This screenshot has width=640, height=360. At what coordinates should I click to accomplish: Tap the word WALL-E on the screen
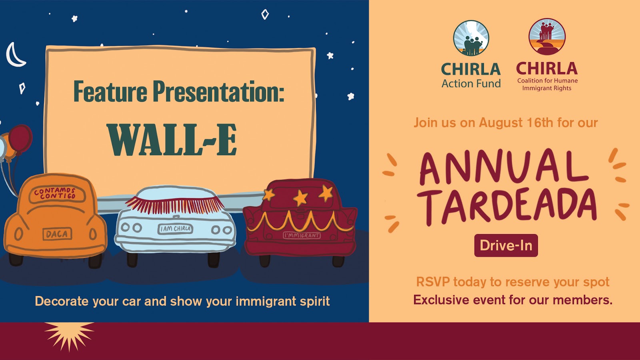(x=172, y=140)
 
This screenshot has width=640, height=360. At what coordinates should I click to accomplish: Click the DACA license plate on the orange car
(x=57, y=234)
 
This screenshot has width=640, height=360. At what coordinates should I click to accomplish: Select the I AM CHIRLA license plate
(x=176, y=228)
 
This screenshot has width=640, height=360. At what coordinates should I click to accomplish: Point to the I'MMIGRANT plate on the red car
(x=302, y=235)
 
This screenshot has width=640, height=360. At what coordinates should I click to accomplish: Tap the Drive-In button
(x=506, y=245)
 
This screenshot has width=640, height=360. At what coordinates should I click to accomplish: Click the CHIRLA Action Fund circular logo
(x=471, y=38)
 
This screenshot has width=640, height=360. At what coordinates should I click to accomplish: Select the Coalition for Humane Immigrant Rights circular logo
(x=547, y=36)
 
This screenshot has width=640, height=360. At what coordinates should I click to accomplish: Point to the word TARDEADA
(x=506, y=205)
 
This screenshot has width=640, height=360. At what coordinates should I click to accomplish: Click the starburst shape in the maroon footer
(x=70, y=334)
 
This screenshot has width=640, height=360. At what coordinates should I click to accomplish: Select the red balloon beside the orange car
(x=20, y=138)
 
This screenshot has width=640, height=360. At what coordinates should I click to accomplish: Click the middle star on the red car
(x=300, y=198)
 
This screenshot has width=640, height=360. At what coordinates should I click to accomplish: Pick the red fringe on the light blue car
(x=175, y=205)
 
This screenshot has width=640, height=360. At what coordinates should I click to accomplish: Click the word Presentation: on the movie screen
(x=218, y=92)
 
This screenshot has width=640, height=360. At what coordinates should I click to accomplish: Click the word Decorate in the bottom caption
(x=62, y=301)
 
